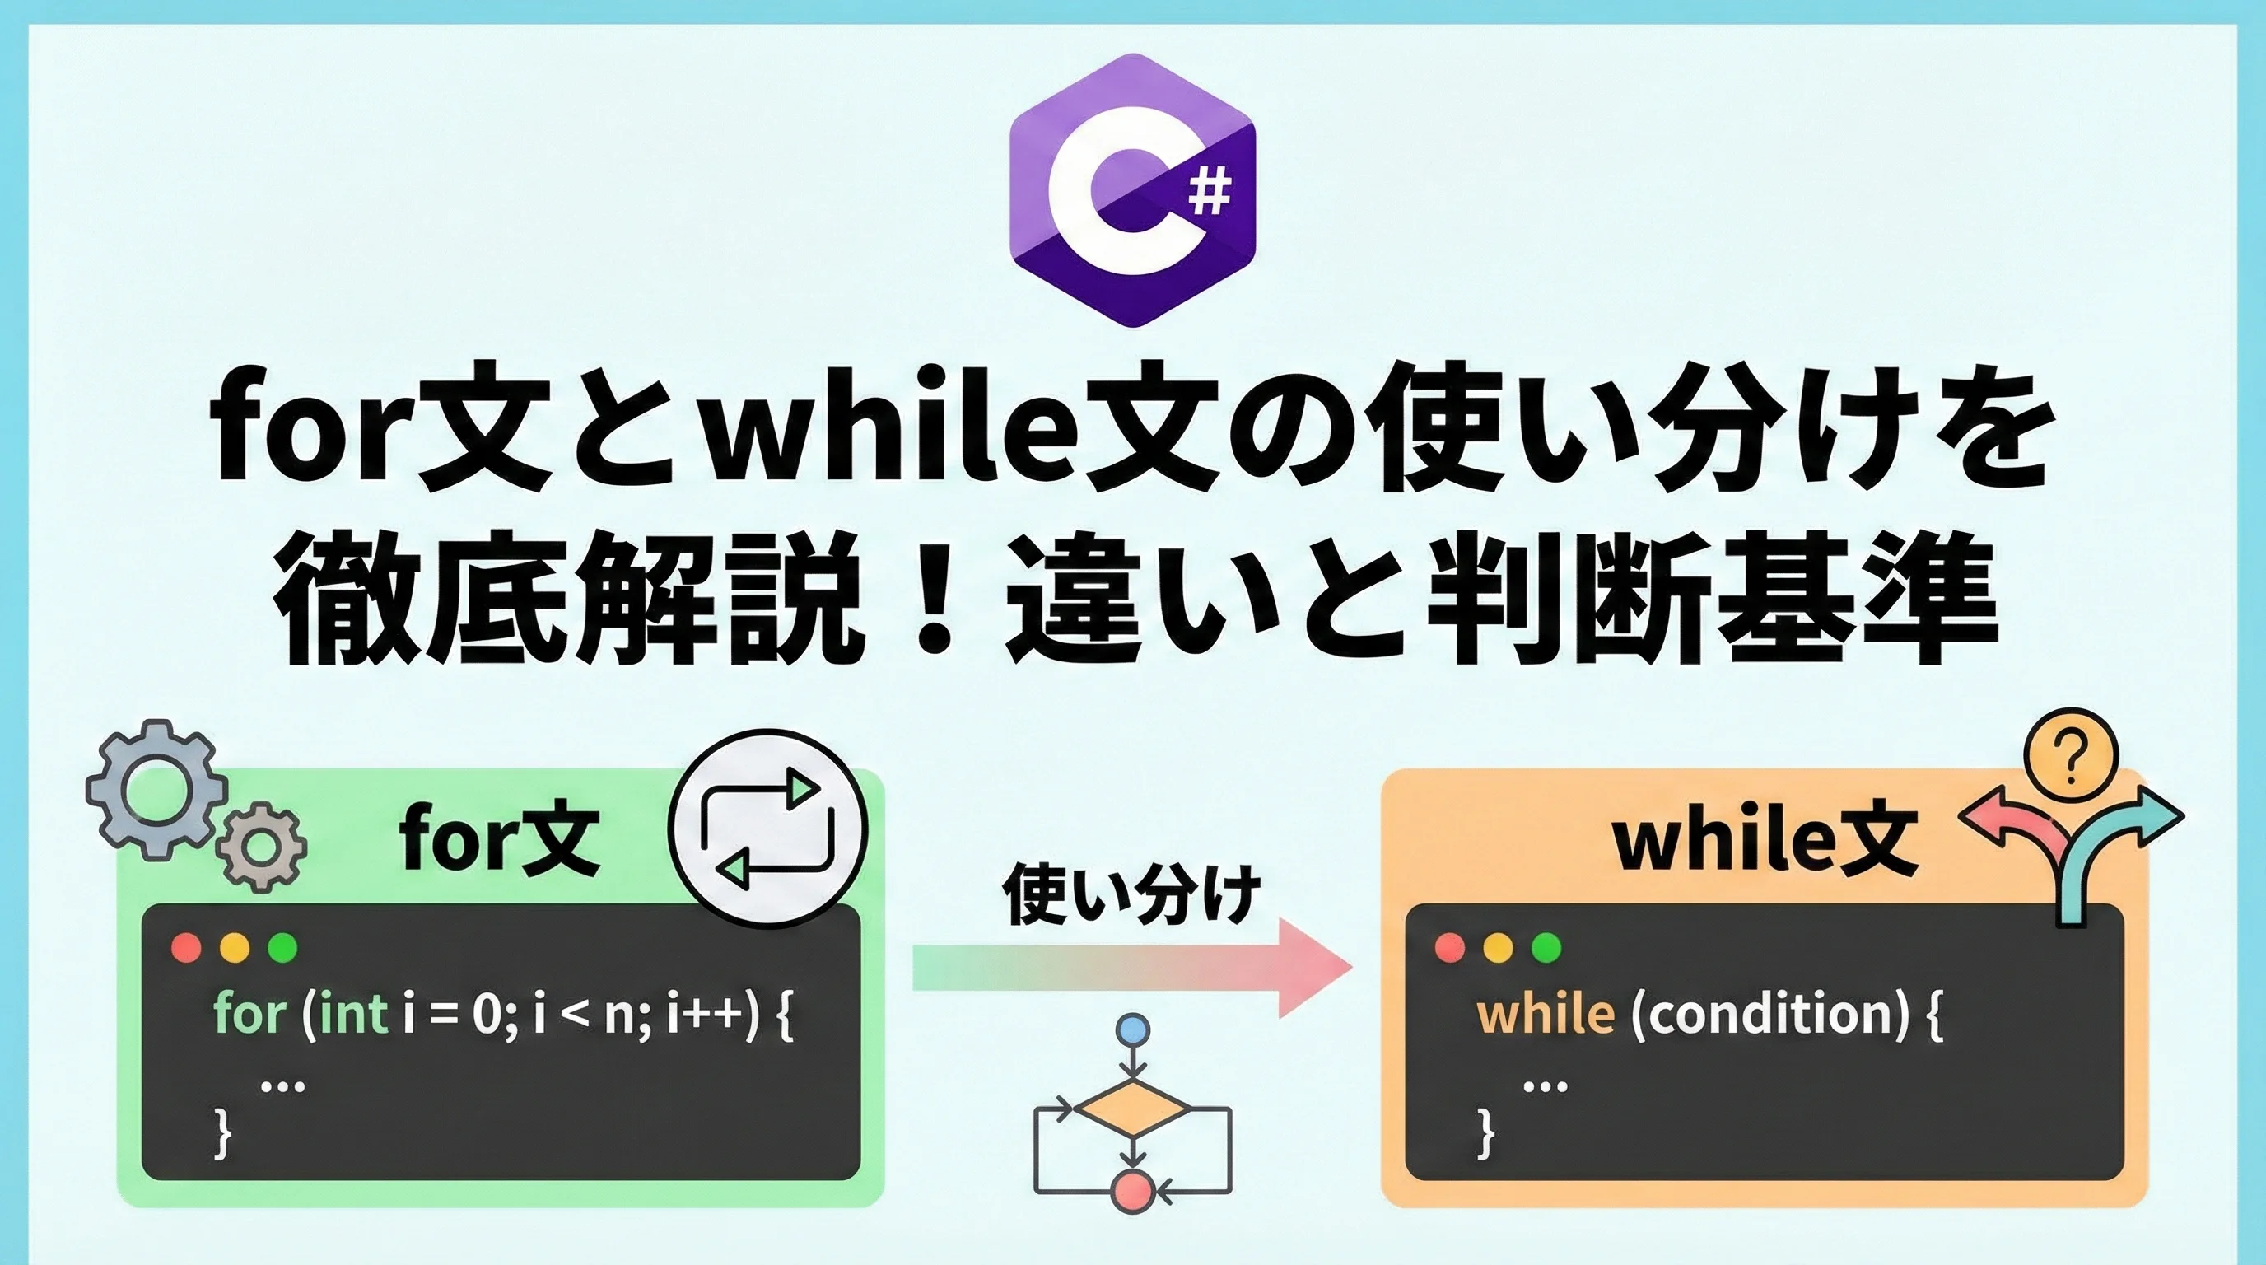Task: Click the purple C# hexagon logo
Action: point(1133,190)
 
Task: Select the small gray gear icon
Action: point(261,847)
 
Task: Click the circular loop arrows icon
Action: point(767,828)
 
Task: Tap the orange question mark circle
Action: point(2071,754)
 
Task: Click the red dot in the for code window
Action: point(186,947)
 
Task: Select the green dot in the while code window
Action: point(1546,947)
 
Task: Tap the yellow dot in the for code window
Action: point(234,947)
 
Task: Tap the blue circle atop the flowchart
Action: point(1132,1029)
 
